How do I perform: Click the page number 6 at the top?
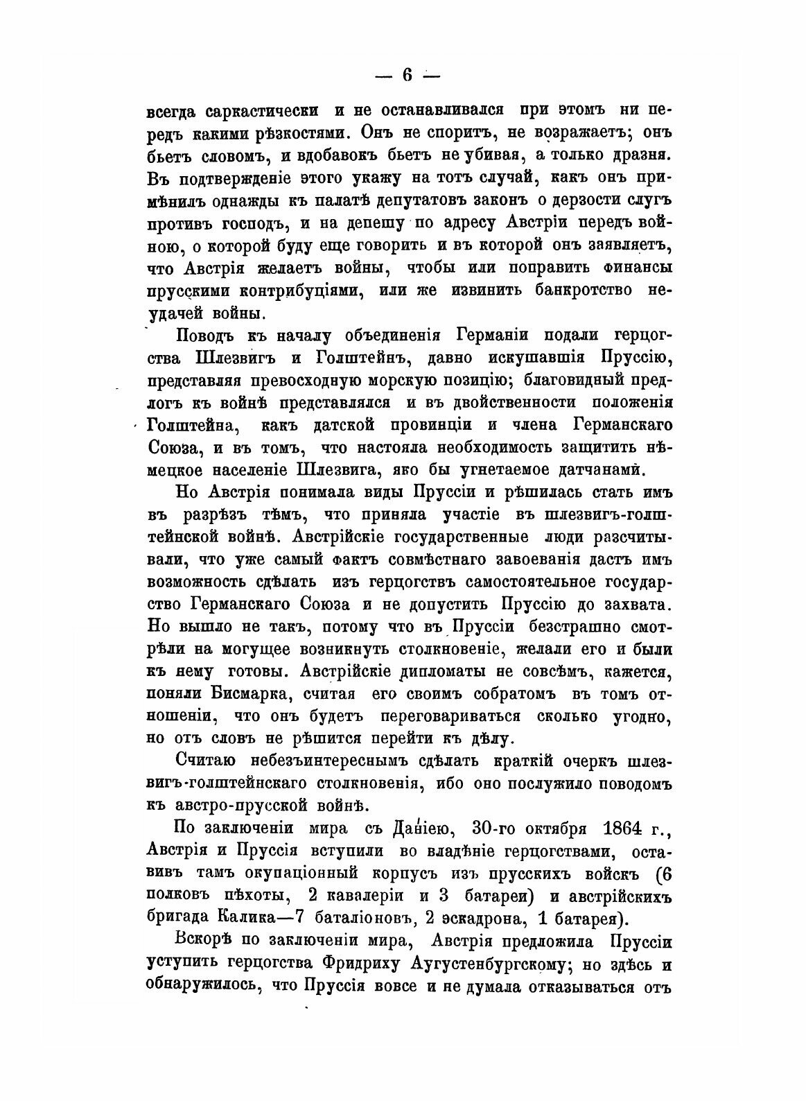(407, 76)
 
